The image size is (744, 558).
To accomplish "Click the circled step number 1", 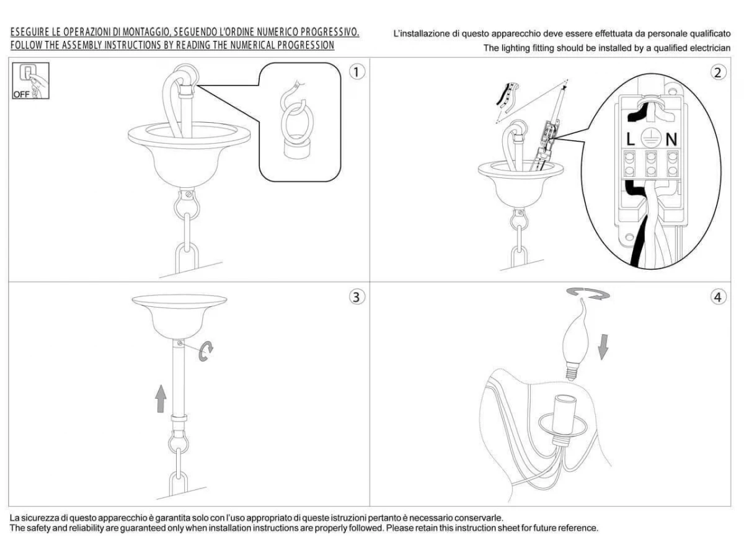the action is pos(356,72).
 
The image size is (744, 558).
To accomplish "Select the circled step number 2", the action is pos(717,73).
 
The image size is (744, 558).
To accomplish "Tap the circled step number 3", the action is pos(356,297).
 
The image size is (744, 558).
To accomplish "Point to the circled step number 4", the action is pos(717,297).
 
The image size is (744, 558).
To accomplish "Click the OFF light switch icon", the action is pos(30,81).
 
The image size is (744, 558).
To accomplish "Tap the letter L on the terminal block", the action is pos(630,139).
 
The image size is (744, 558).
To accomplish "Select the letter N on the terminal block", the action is pos(671,139).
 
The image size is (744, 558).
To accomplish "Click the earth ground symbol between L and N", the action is pos(651,139).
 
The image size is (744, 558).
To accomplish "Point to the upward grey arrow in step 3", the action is pos(161,399).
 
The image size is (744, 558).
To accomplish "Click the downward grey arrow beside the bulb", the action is pos(603,347).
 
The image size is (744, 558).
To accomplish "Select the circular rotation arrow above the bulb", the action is pos(588,294).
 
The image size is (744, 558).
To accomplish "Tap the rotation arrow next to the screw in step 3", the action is pos(205,352).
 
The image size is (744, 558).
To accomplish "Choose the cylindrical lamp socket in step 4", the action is pos(564,414).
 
